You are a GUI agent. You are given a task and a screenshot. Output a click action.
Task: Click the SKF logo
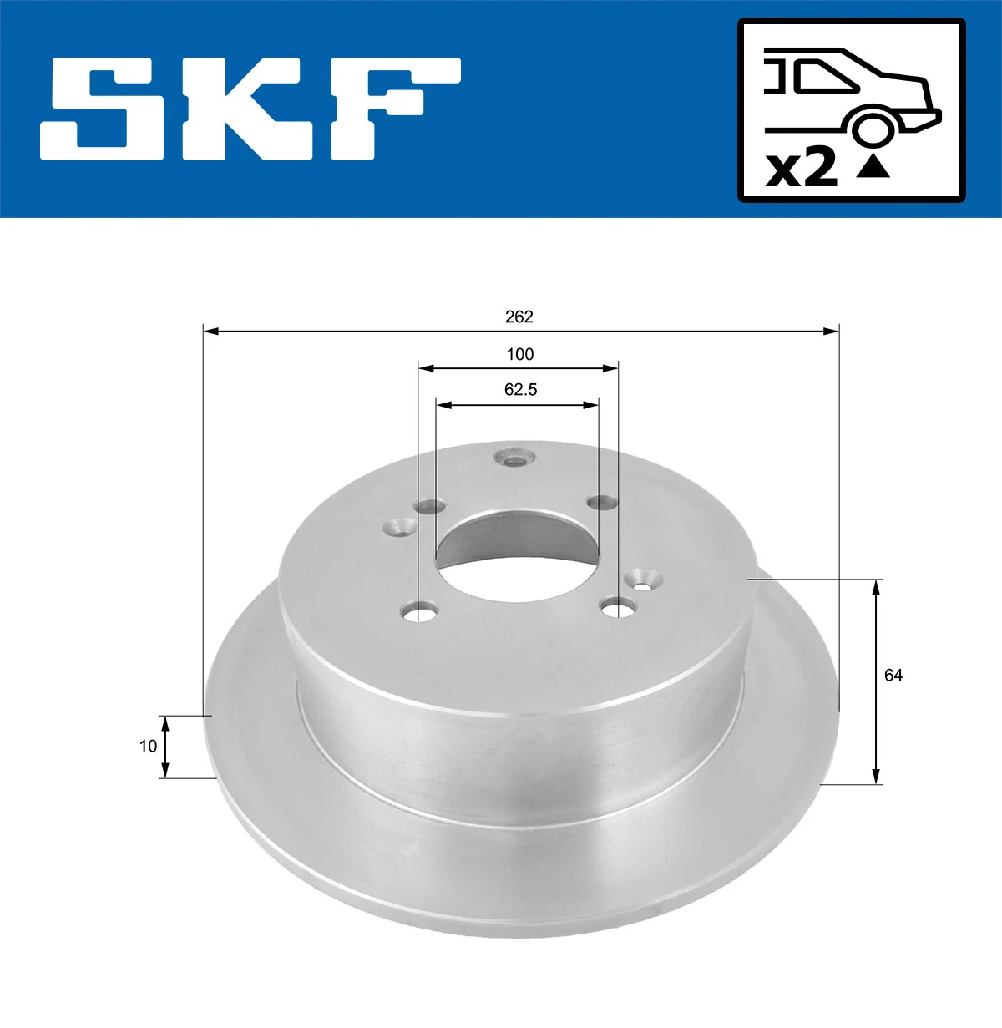click(250, 109)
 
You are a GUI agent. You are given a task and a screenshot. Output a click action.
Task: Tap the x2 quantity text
click(802, 170)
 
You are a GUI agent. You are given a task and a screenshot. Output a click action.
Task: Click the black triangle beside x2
click(873, 168)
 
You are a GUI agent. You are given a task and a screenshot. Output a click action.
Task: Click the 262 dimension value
click(519, 317)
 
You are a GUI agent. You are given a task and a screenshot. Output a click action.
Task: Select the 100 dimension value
click(519, 354)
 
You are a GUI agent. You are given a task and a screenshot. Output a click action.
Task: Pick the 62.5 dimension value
click(520, 389)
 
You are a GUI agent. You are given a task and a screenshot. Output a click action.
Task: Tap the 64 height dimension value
click(893, 675)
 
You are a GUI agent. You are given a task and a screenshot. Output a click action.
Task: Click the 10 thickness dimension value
click(148, 746)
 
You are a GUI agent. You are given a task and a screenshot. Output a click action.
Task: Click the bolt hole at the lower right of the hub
click(619, 607)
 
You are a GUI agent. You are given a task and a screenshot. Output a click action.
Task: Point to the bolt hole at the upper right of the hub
click(601, 502)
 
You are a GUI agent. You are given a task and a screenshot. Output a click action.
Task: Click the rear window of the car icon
click(823, 78)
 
